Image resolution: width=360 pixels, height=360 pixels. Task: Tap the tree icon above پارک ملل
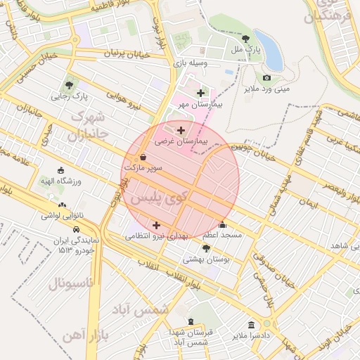coord(245,39)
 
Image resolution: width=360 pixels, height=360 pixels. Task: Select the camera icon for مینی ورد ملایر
coord(266,77)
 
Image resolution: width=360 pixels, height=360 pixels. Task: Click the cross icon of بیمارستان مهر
coord(201,93)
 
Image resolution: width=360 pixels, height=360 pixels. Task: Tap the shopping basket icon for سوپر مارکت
coord(143,157)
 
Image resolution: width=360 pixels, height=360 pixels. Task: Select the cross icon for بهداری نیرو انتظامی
coord(155,225)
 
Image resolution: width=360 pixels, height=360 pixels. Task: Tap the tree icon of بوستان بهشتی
coord(205,248)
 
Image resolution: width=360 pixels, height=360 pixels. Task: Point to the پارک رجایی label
coord(69,96)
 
